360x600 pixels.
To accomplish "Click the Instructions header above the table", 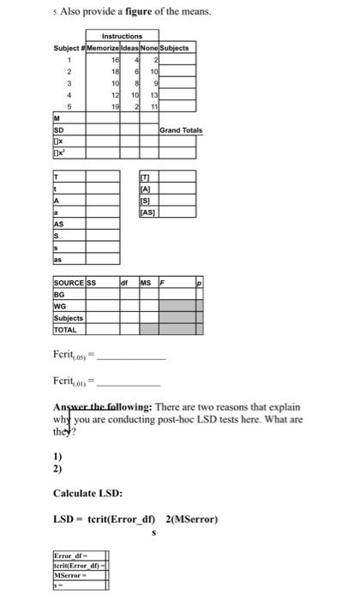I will pos(122,36).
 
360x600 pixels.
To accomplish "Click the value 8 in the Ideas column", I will pos(137,81).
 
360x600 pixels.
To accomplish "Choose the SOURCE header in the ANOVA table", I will pos(69,280).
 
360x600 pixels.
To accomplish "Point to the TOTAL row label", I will pos(65,327).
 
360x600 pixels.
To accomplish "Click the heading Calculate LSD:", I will pos(87,495).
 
